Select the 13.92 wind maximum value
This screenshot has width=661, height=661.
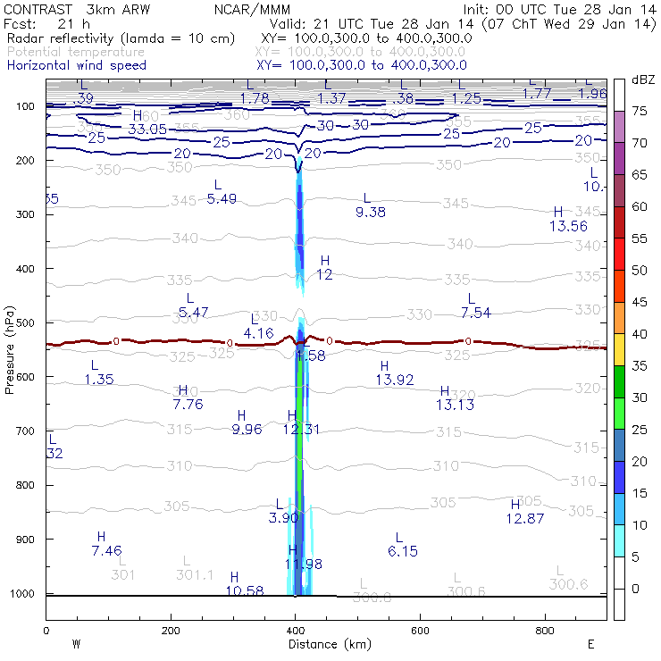[395, 381]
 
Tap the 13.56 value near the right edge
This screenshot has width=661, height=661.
[569, 226]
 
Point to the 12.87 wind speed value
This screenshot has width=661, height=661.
[525, 519]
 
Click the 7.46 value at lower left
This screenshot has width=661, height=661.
[106, 550]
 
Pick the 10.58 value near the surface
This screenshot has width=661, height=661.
[245, 590]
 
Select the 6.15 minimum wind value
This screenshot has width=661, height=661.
[403, 551]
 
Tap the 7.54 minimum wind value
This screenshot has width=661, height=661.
[476, 312]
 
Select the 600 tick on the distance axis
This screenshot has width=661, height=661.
[546, 631]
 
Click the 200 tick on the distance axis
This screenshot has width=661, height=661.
[171, 631]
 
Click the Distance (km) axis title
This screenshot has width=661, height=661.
[326, 643]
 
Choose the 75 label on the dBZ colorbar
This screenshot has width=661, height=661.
[640, 111]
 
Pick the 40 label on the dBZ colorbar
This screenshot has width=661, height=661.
[640, 333]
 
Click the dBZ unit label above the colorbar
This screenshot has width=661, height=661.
[642, 79]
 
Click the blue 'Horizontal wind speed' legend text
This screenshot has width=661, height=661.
[77, 65]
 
